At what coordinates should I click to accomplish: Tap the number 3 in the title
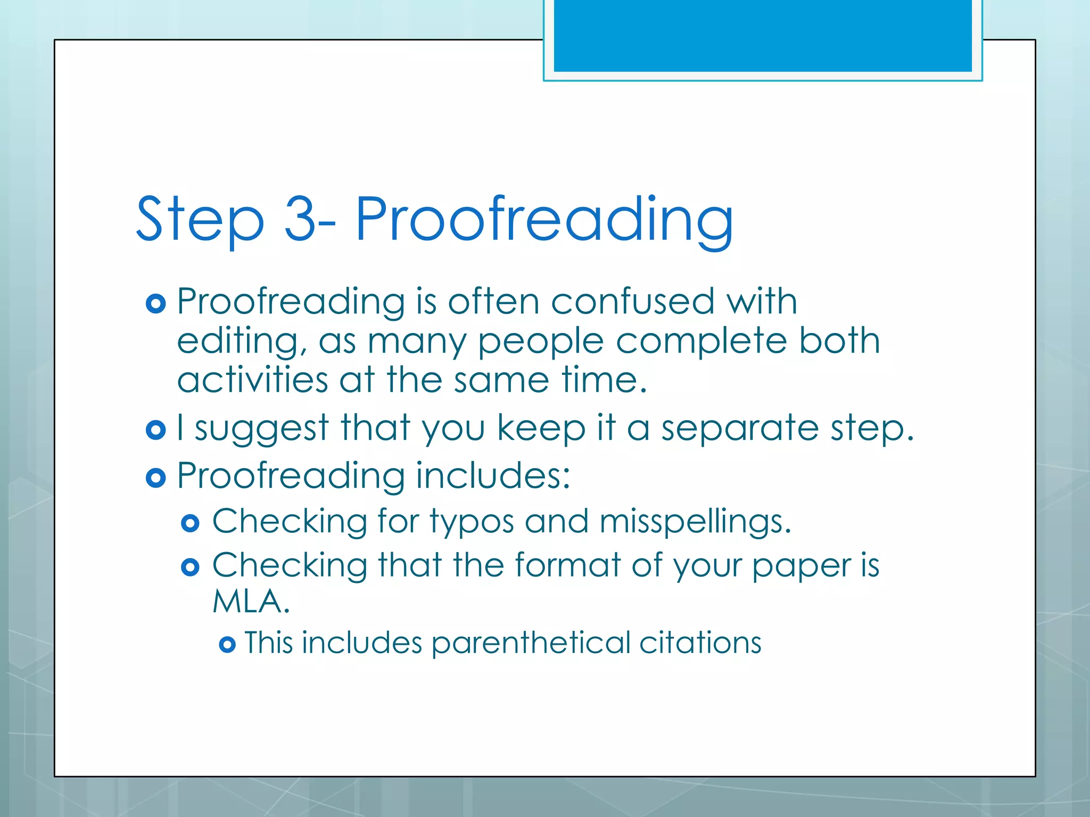click(x=301, y=218)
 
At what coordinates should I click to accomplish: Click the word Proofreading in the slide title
click(x=543, y=219)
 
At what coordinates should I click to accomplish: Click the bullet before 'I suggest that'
click(x=155, y=429)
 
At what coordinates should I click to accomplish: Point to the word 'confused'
click(x=632, y=302)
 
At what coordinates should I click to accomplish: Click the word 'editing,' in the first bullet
click(x=242, y=341)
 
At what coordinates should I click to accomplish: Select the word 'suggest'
click(x=262, y=428)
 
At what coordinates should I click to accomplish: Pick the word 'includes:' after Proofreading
click(x=493, y=475)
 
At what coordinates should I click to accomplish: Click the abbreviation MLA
click(x=250, y=602)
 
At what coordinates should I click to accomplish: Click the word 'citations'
click(x=700, y=643)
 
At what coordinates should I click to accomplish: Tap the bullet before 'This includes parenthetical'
click(x=227, y=645)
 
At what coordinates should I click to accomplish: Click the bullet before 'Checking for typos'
click(x=190, y=523)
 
